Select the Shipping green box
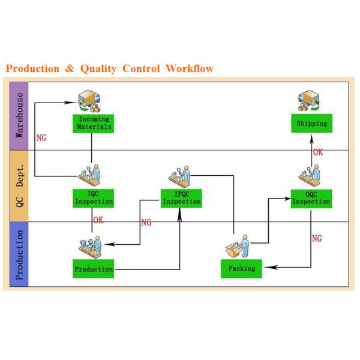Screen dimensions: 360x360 (x=311, y=124)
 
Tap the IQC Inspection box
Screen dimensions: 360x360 (x=94, y=198)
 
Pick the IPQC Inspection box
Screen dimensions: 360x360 (x=181, y=198)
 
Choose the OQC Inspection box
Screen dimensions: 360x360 (x=311, y=198)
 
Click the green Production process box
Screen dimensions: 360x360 (x=94, y=269)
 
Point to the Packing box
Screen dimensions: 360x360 (x=241, y=268)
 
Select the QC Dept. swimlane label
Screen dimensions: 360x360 (x=20, y=185)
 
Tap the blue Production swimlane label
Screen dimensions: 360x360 (x=20, y=254)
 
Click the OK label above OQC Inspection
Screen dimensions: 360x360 (x=317, y=152)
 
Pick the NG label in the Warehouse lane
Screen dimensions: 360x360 (x=41, y=137)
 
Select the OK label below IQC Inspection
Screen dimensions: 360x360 (x=98, y=220)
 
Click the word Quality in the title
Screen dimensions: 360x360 (x=98, y=68)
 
